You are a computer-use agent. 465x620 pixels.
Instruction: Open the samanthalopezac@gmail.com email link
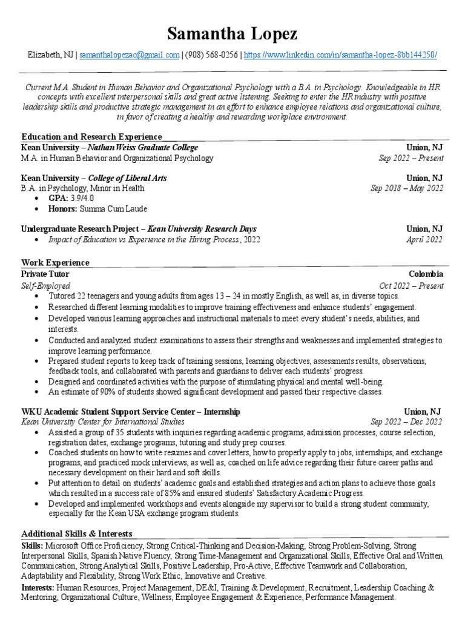point(130,54)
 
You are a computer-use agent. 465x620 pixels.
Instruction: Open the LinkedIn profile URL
point(341,54)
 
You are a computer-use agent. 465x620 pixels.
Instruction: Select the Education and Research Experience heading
point(91,137)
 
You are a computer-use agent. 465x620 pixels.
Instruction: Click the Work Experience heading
point(55,263)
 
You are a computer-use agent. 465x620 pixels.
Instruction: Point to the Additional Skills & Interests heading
point(77,533)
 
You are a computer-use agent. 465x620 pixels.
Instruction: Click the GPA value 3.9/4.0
point(82,199)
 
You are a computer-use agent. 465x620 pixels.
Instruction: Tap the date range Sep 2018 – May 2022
point(407,188)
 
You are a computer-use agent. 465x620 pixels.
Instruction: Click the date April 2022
point(424,240)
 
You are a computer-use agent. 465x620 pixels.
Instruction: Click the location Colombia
point(426,274)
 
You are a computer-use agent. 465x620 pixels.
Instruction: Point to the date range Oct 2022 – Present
point(411,285)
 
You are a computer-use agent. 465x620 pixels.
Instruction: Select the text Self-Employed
point(45,285)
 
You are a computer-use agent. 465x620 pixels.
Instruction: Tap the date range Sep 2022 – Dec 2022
point(407,422)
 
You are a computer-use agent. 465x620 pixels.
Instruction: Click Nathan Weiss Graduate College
point(143,147)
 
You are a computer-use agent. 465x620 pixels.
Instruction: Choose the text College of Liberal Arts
point(127,178)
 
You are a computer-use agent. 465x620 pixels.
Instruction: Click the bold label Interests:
point(37,587)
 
